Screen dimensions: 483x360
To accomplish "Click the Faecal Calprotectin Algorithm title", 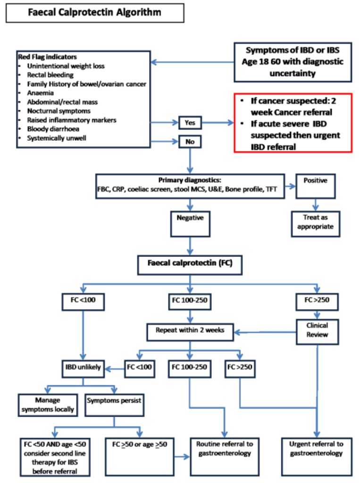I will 94,13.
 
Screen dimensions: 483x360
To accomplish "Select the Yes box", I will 190,123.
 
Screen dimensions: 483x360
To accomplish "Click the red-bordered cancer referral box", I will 293,123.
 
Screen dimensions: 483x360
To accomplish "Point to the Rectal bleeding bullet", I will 50,75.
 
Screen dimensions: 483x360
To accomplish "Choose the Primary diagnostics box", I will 190,185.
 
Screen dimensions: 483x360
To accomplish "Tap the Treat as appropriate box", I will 315,223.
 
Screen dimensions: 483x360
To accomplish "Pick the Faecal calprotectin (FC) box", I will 190,265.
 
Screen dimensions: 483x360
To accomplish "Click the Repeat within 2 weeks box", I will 190,331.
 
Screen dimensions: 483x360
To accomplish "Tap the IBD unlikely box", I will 83,367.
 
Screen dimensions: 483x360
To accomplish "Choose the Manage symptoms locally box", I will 48,405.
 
